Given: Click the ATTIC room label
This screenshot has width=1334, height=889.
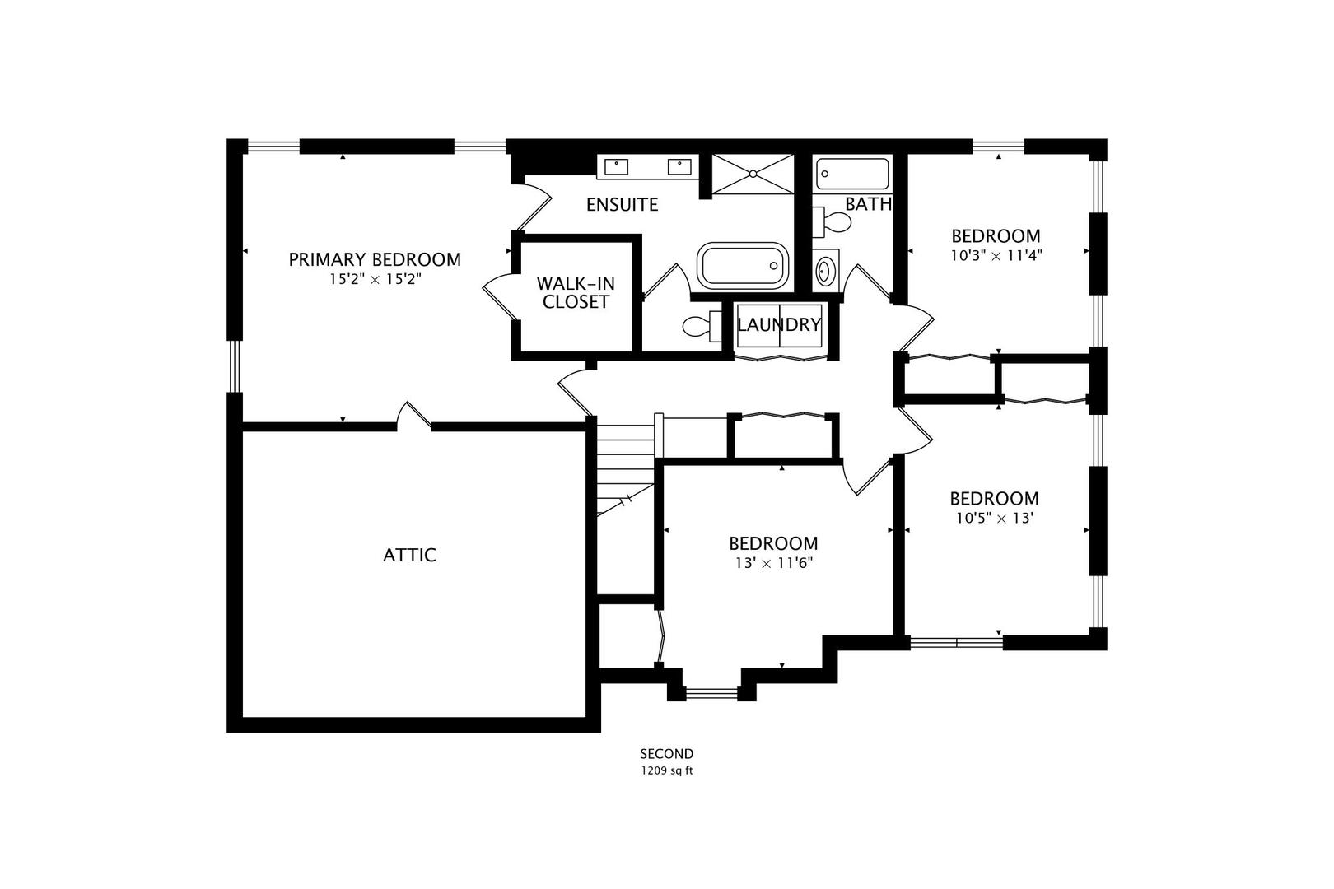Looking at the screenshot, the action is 409,555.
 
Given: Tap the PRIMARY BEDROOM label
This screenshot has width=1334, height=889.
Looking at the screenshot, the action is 375,259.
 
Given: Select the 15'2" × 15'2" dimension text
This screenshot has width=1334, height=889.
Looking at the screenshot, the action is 375,279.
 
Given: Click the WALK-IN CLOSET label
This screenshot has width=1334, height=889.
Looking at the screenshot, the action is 576,292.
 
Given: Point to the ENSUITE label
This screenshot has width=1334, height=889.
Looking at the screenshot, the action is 622,205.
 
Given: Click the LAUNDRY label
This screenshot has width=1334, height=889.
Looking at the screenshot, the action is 779,324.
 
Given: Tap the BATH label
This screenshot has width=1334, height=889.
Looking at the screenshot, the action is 868,204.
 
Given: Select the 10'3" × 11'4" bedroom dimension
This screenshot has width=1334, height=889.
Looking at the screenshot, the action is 996,255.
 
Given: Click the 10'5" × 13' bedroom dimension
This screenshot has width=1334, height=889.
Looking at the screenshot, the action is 995,518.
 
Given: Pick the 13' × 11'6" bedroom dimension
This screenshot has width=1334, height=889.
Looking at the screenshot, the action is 773,563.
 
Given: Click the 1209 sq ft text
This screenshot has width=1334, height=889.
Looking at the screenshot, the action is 667,770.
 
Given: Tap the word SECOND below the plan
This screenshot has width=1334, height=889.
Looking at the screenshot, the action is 667,754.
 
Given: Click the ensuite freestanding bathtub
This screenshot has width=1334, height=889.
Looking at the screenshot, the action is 743,266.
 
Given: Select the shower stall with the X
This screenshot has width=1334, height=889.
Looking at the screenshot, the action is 753,174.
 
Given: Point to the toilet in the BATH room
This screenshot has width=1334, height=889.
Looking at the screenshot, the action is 832,221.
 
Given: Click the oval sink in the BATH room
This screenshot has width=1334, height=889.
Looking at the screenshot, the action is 825,271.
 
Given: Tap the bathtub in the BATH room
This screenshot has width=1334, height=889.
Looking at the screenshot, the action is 852,174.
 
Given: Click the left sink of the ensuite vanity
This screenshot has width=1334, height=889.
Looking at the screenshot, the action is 616,167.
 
